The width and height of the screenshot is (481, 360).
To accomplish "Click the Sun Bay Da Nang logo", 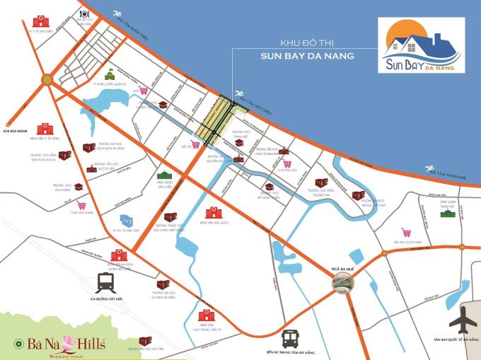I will click(422, 46).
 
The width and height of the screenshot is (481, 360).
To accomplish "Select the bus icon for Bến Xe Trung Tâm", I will click(291, 338).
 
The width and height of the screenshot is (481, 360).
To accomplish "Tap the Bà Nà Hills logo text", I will click(60, 344).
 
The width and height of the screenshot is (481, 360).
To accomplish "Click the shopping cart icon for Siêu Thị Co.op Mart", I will click(406, 232).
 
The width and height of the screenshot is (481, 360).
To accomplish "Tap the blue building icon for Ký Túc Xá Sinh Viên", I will click(126, 219).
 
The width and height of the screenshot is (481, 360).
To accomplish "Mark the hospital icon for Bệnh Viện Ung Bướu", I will click(211, 212).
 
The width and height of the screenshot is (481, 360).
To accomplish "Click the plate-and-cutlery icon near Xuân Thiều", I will click(85, 13).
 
